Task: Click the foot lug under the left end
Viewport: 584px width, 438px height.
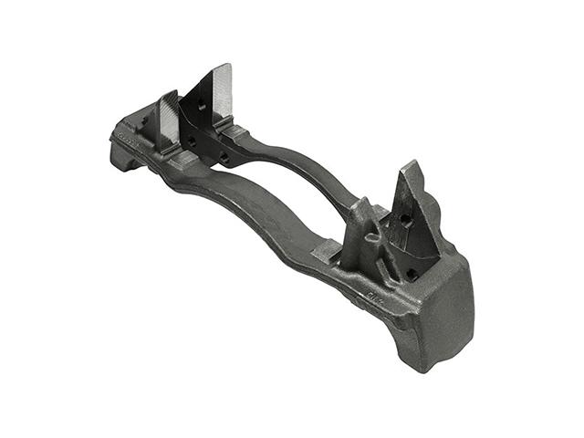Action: pyautogui.click(x=123, y=162)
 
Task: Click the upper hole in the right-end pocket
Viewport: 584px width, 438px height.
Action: pyautogui.click(x=402, y=220)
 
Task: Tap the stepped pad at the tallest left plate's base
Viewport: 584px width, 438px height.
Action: pyautogui.click(x=233, y=133)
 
